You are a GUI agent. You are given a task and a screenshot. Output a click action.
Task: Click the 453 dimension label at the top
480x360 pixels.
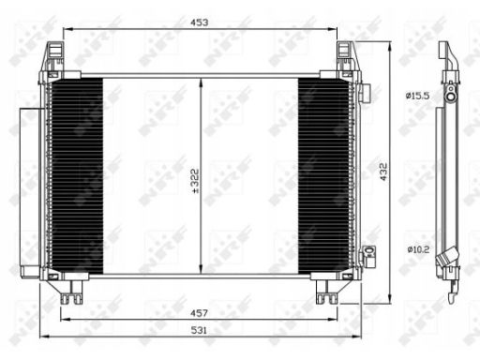(x=200, y=22)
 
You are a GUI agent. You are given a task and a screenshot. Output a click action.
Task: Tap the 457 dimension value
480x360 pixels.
(x=199, y=313)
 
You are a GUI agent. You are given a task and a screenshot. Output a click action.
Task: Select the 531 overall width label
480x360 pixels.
(x=199, y=330)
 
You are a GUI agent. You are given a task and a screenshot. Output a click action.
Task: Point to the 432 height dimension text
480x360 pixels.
(x=383, y=172)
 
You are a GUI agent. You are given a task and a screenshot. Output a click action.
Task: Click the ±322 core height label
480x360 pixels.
(x=195, y=181)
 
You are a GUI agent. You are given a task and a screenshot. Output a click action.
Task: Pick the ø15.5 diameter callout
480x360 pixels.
(x=417, y=96)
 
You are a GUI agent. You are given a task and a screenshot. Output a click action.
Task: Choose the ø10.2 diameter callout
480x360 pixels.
(x=418, y=249)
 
